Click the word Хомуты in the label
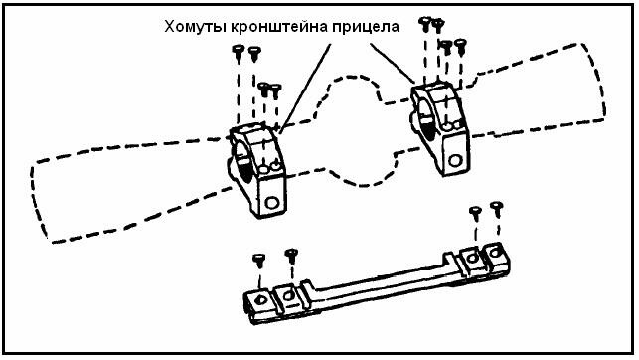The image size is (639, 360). tap(195, 27)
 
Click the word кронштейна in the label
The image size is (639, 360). tap(279, 27)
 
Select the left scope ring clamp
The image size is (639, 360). tap(257, 170)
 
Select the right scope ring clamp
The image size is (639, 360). tap(440, 127)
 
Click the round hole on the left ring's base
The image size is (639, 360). tap(271, 202)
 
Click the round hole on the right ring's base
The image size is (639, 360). tap(455, 160)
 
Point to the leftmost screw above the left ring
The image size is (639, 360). tap(238, 53)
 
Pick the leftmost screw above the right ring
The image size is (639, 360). tap(425, 24)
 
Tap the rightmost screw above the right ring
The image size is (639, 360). tap(460, 46)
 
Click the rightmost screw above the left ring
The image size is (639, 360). tap(276, 90)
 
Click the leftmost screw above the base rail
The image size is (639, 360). tap(259, 261)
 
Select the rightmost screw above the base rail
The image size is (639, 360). tap(496, 209)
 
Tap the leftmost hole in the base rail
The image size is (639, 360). tap(260, 301)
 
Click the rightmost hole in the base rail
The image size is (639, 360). tap(494, 253)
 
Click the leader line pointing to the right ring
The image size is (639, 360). tap(393, 63)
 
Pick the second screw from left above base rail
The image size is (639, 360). tap(291, 256)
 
